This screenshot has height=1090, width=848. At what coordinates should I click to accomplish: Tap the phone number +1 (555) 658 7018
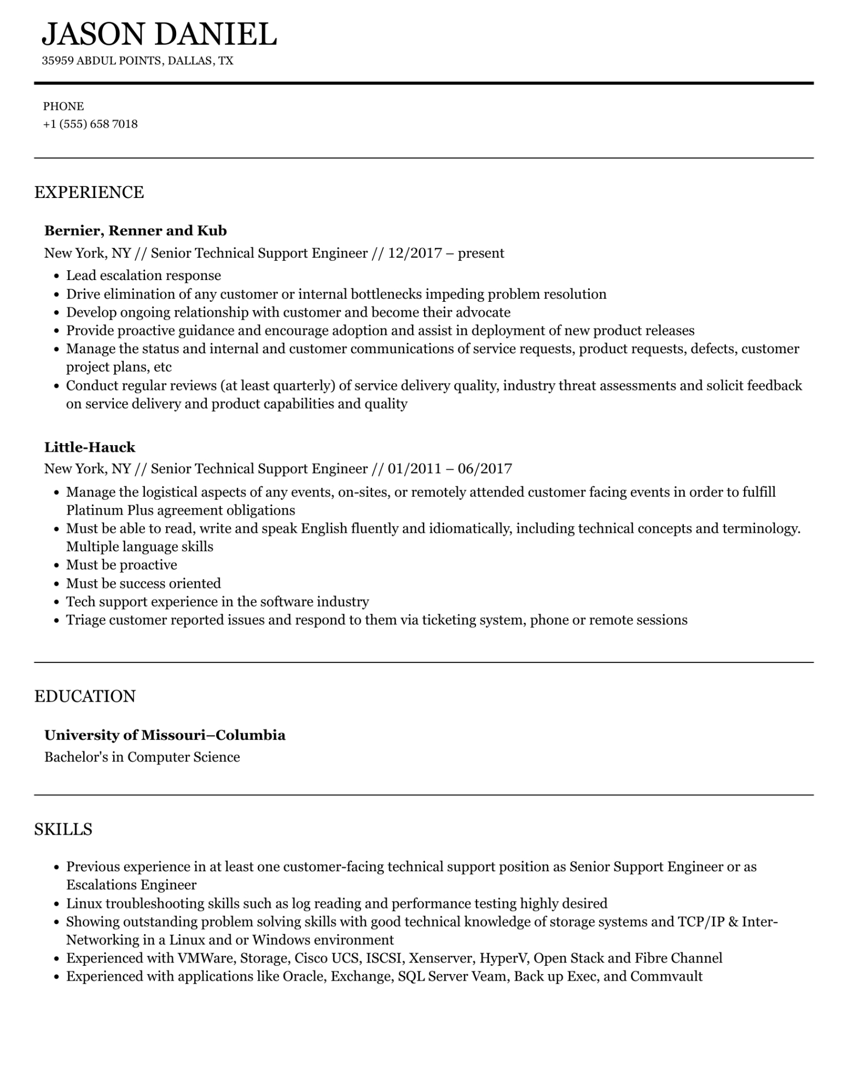(90, 124)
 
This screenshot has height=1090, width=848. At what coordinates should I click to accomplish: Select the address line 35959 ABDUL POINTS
(102, 61)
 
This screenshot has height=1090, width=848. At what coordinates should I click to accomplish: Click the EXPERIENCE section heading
(89, 193)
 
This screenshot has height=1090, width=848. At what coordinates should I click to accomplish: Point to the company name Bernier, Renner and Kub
(135, 231)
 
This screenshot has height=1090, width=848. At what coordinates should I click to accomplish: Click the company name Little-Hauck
(90, 447)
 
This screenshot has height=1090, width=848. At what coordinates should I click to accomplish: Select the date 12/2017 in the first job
(414, 253)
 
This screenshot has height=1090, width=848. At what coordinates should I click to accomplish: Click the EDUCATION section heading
(85, 696)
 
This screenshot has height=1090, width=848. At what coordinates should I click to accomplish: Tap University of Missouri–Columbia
(165, 735)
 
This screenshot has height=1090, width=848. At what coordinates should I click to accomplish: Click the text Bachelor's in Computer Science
(142, 757)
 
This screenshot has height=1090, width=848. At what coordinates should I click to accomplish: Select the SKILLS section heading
(63, 830)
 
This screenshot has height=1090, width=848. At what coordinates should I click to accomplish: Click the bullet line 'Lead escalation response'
(143, 276)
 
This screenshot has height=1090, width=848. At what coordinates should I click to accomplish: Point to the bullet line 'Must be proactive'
(121, 565)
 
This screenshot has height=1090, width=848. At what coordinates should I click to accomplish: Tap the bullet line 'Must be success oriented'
(143, 584)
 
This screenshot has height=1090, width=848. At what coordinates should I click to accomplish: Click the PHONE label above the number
(63, 107)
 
